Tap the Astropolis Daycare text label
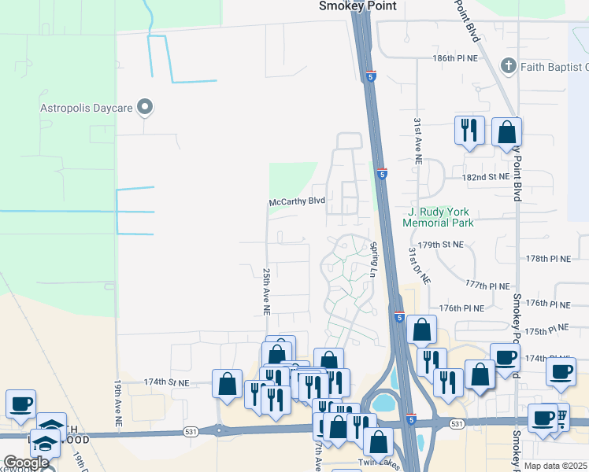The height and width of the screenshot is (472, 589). (87, 107)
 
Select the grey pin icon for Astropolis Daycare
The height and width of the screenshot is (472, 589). (144, 106)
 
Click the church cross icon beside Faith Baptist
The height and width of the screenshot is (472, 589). (509, 66)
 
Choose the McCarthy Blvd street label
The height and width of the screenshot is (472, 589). (297, 201)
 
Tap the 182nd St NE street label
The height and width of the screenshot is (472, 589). (487, 178)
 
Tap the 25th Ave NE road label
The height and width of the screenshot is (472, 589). (266, 291)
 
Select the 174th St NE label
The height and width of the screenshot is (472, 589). (167, 382)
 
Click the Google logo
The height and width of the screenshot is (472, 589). (27, 463)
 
